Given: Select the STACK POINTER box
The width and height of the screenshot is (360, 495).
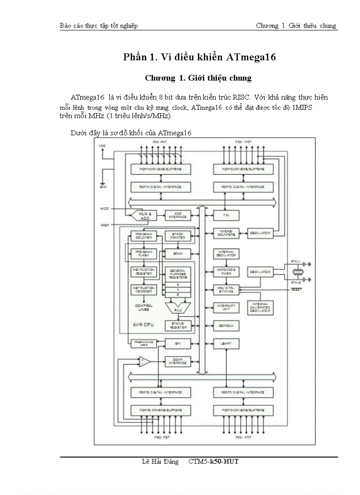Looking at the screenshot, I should coord(177,236).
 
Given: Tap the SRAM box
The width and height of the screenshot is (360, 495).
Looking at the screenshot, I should coord(177,254).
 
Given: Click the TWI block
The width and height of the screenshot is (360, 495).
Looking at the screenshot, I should coord(226,216).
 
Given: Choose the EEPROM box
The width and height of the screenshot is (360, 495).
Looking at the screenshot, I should coord(226,326).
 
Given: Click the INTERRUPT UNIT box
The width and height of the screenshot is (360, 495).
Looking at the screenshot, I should coord(226,307).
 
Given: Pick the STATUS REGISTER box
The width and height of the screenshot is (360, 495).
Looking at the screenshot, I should coord(177,326).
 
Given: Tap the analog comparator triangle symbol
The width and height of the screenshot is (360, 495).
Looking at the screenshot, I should coord(143,362).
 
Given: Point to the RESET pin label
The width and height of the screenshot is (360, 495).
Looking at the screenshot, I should coord(296,290).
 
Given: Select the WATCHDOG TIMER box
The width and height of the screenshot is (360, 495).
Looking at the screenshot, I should coord(226,272).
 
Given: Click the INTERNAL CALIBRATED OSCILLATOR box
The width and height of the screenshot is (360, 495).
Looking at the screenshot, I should coord(260,308).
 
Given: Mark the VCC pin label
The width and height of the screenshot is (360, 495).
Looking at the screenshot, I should coord(102,145).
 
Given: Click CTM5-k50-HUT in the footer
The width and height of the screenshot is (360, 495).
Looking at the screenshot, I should coord(213,462).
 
